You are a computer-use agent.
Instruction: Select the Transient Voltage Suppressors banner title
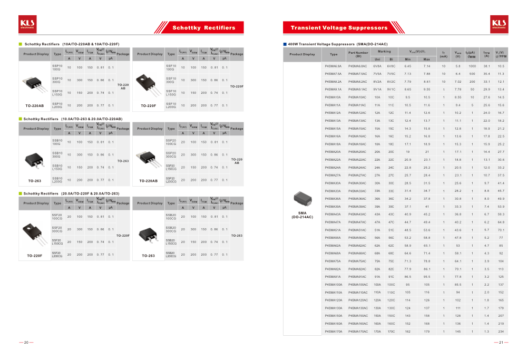339,27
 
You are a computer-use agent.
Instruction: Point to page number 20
26,342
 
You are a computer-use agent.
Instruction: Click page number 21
501,342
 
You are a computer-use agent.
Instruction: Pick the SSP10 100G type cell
57,67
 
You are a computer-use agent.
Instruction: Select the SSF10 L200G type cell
171,105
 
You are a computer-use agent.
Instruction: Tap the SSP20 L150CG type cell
171,167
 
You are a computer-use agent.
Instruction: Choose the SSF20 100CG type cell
57,217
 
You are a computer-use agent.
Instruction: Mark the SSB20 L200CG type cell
171,255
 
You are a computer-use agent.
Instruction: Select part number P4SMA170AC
358,331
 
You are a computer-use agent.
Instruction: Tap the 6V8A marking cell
377,66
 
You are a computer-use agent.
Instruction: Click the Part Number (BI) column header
358,54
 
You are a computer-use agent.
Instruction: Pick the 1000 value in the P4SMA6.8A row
472,66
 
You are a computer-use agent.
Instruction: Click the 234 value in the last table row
501,331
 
